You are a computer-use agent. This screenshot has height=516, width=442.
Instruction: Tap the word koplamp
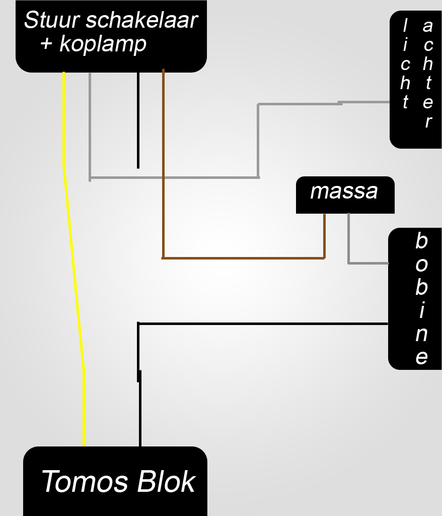click(x=103, y=44)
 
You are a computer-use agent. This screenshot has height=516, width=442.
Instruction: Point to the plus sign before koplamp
click(x=47, y=44)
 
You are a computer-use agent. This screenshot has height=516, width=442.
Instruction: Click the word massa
click(x=344, y=191)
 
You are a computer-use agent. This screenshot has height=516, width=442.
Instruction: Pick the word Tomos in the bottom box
click(x=85, y=481)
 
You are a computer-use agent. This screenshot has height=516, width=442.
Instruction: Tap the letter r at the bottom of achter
click(x=428, y=121)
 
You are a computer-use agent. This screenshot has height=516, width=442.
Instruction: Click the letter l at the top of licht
click(x=405, y=25)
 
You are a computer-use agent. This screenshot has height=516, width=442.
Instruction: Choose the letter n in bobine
click(x=421, y=334)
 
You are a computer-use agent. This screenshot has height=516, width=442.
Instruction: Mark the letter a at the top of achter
click(x=428, y=25)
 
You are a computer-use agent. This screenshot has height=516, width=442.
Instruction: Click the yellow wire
click(x=73, y=267)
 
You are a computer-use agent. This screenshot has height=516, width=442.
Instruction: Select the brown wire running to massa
click(x=242, y=258)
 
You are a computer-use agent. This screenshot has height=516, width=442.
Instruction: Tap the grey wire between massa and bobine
click(x=349, y=242)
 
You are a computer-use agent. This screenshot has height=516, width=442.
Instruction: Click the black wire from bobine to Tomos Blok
click(x=262, y=324)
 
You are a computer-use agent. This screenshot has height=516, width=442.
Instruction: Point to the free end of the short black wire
click(x=138, y=167)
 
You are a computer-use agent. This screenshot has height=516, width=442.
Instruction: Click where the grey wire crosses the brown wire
click(x=163, y=177)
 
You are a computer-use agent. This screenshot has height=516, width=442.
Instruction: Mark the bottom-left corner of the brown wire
click(x=163, y=258)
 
